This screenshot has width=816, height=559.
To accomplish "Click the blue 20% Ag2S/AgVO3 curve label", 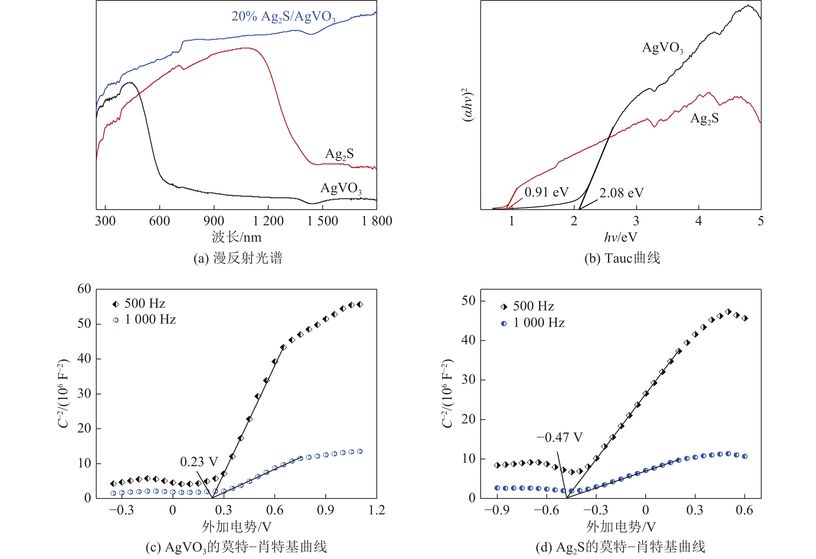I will coord(283,17).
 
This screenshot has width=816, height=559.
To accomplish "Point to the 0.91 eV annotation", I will coord(546,192).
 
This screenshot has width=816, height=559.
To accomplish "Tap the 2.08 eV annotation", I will coord(621,193).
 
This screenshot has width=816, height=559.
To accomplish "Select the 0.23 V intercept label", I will coord(199,462).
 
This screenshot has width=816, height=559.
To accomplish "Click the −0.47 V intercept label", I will coord(559,437).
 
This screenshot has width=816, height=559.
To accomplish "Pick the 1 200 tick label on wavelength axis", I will coord(268,221).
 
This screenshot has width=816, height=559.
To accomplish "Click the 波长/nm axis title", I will coord(236,237).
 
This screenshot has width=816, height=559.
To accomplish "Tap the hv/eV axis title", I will coord(620,237).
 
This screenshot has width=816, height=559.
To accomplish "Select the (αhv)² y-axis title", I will coord(467,105).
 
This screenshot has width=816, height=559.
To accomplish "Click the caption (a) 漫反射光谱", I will coord(238,258).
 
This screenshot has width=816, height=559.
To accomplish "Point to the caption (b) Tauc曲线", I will coord(622,258).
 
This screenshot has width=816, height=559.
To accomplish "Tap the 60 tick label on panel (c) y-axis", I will coord(84,289).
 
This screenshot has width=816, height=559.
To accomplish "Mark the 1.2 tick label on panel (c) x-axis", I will coord(376,510).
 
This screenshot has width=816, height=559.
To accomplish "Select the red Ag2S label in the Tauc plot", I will coord(704,118).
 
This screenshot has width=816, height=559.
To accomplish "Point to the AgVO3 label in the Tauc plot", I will coord(662,47).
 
